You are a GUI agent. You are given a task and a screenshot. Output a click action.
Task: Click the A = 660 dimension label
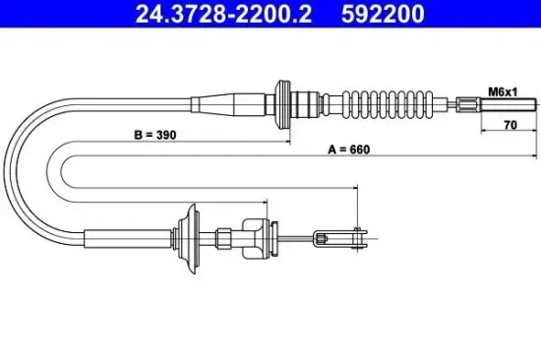[343, 151]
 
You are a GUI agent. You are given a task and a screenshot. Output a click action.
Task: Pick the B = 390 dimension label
[152, 135]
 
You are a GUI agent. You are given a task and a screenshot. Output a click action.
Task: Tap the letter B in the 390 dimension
[133, 135]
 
